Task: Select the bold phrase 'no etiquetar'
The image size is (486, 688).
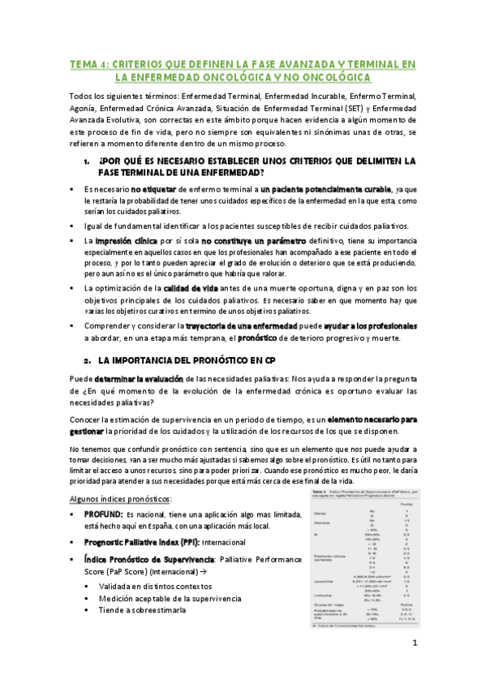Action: pos(154,188)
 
